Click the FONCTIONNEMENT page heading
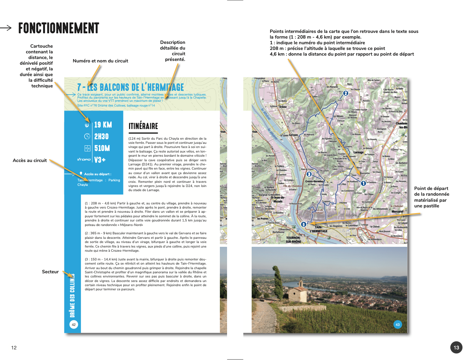(x=59, y=28)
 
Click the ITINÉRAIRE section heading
(x=143, y=126)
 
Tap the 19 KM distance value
(x=103, y=125)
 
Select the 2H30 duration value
(x=101, y=136)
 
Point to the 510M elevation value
(x=102, y=148)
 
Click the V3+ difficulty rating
(x=100, y=160)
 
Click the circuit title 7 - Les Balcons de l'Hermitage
(x=131, y=87)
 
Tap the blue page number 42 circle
(x=74, y=324)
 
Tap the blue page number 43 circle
(x=398, y=324)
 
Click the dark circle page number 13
(x=456, y=348)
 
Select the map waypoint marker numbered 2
(x=345, y=93)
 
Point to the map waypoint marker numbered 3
(x=309, y=174)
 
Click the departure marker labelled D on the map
(x=303, y=224)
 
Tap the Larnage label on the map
(x=358, y=152)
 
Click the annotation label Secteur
(x=50, y=271)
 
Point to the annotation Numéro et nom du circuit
(x=100, y=61)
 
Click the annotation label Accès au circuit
(x=30, y=160)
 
